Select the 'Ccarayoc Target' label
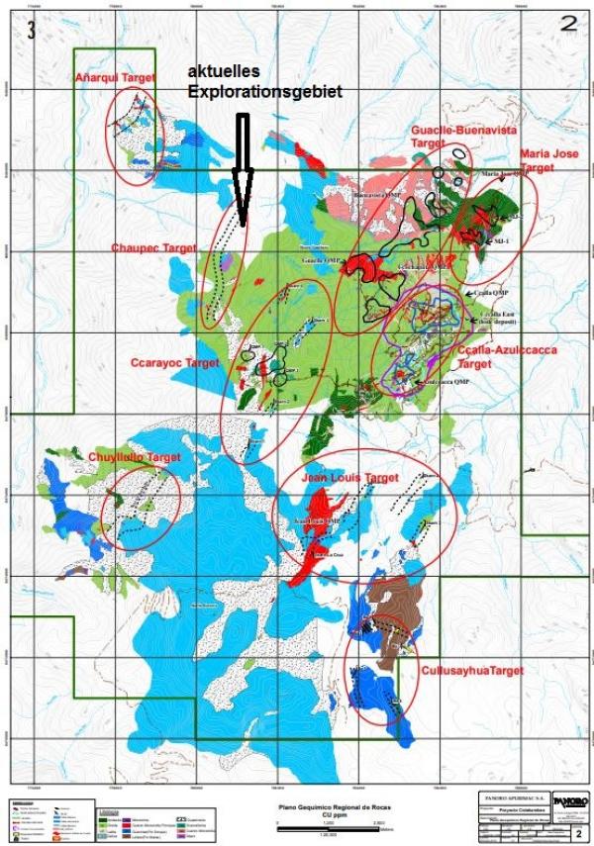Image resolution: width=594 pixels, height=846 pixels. [x=174, y=363]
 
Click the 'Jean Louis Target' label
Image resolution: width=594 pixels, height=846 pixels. [x=353, y=478]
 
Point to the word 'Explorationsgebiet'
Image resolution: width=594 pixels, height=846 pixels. [x=265, y=91]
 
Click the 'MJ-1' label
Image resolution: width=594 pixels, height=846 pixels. [x=502, y=241]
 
